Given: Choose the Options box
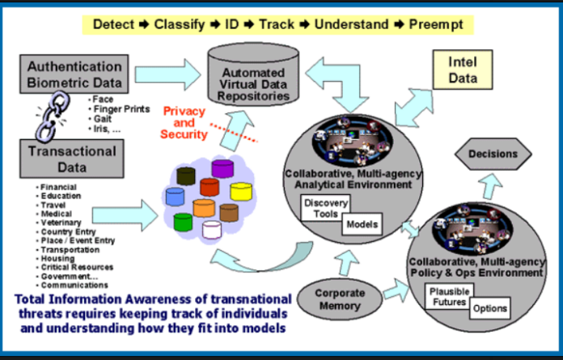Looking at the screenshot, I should point(489,308).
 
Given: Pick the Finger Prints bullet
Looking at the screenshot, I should point(122,108).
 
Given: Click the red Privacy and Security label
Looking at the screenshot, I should point(185,122).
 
